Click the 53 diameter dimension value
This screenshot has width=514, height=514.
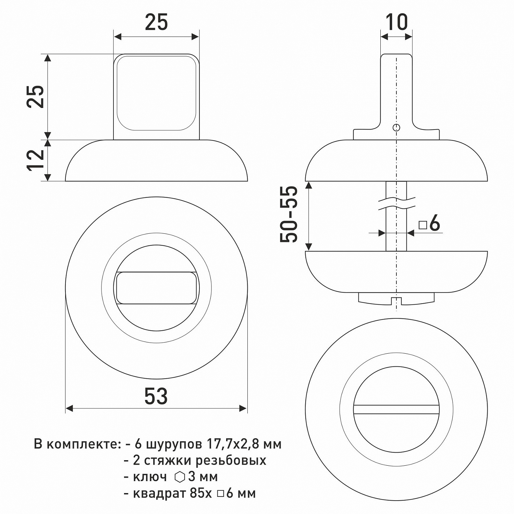[156, 396]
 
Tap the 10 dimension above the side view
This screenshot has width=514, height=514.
[397, 22]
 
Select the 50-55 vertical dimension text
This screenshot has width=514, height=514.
[289, 214]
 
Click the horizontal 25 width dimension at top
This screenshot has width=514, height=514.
[156, 23]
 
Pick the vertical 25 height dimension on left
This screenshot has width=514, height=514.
[36, 97]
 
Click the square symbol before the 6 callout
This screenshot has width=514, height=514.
[423, 225]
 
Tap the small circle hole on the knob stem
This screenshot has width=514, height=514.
[396, 128]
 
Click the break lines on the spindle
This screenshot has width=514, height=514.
[396, 203]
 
